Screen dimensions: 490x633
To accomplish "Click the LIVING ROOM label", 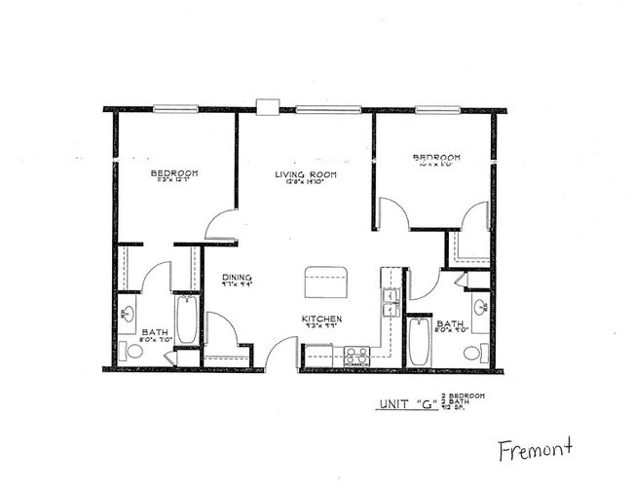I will coord(304,175).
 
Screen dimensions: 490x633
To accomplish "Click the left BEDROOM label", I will coord(174,174).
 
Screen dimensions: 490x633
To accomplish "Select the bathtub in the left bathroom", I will coord(186,320).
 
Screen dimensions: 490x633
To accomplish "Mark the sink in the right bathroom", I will coord(480,311).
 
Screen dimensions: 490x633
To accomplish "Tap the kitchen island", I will coord(325,282).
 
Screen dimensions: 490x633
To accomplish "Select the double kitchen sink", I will coord(391,302).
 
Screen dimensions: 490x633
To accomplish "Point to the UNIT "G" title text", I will coord(397,403).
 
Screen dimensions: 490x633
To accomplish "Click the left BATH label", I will coord(155,333).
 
